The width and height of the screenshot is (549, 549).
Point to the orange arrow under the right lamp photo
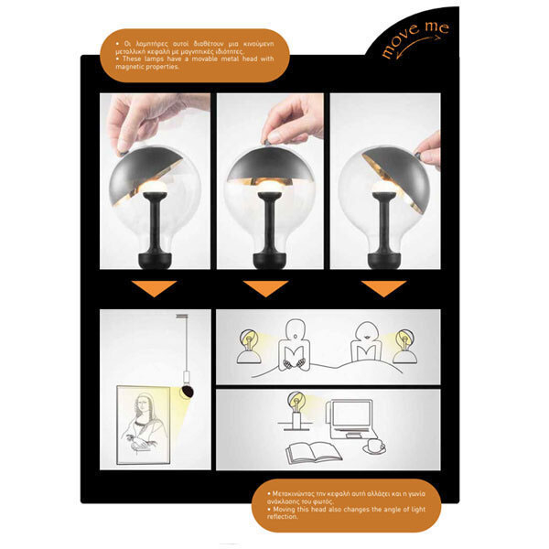click(x=382, y=288)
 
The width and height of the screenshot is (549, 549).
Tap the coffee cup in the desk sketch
click(x=376, y=447)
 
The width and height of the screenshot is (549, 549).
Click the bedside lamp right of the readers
click(x=404, y=347)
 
